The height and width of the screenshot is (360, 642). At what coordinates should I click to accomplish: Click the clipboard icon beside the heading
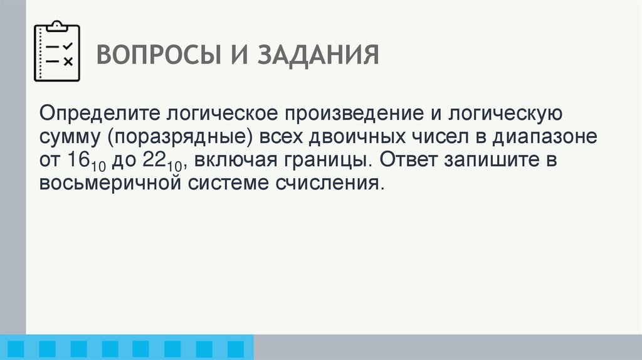[x=56, y=52]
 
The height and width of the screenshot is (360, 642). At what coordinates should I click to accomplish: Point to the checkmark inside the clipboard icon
[x=68, y=46]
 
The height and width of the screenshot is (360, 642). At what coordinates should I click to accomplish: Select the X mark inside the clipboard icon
[x=68, y=61]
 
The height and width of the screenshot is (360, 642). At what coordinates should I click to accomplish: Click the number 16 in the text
[x=75, y=159]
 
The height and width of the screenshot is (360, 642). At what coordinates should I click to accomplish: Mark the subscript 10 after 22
[x=174, y=165]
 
